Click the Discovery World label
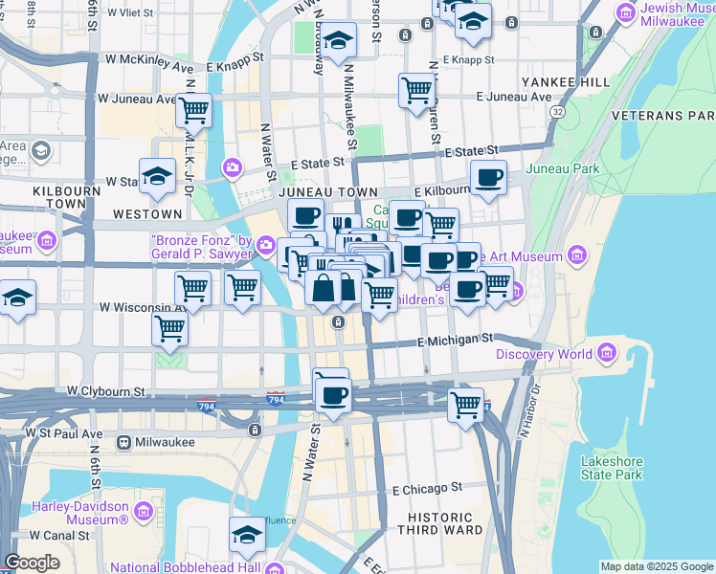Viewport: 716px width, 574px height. click(x=545, y=355)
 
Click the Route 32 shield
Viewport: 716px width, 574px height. click(x=556, y=112)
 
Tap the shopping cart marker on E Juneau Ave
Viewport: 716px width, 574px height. click(x=416, y=90)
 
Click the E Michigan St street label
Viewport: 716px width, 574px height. click(x=455, y=339)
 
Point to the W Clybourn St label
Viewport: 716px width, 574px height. click(x=106, y=391)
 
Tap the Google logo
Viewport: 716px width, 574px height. click(x=32, y=563)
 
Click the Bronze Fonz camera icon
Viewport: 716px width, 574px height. click(x=265, y=247)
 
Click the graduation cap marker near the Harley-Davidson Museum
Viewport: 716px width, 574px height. click(x=247, y=534)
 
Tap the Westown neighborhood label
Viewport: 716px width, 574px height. click(x=146, y=213)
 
